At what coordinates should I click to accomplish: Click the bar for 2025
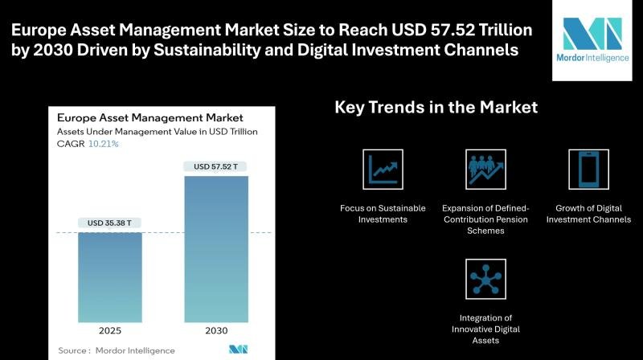[x=110, y=277]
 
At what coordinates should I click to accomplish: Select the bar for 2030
[x=216, y=249]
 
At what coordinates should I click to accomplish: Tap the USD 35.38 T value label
[x=110, y=223]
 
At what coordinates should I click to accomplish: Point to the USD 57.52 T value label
[x=216, y=166]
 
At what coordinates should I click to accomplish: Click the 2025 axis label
[x=110, y=330]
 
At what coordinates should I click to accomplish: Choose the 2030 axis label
[x=216, y=330]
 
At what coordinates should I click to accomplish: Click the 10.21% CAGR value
[x=104, y=144]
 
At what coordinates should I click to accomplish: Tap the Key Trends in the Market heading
[x=436, y=107]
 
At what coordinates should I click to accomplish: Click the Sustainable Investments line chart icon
[x=382, y=169]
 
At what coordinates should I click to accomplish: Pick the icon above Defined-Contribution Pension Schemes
[x=485, y=169]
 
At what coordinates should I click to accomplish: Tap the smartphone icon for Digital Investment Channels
[x=588, y=169]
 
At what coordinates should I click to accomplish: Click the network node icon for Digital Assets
[x=485, y=278]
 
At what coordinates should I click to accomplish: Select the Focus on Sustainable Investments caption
[x=382, y=214]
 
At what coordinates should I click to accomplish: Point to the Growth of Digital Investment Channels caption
[x=588, y=214]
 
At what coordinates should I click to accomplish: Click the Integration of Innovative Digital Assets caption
[x=485, y=329]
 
